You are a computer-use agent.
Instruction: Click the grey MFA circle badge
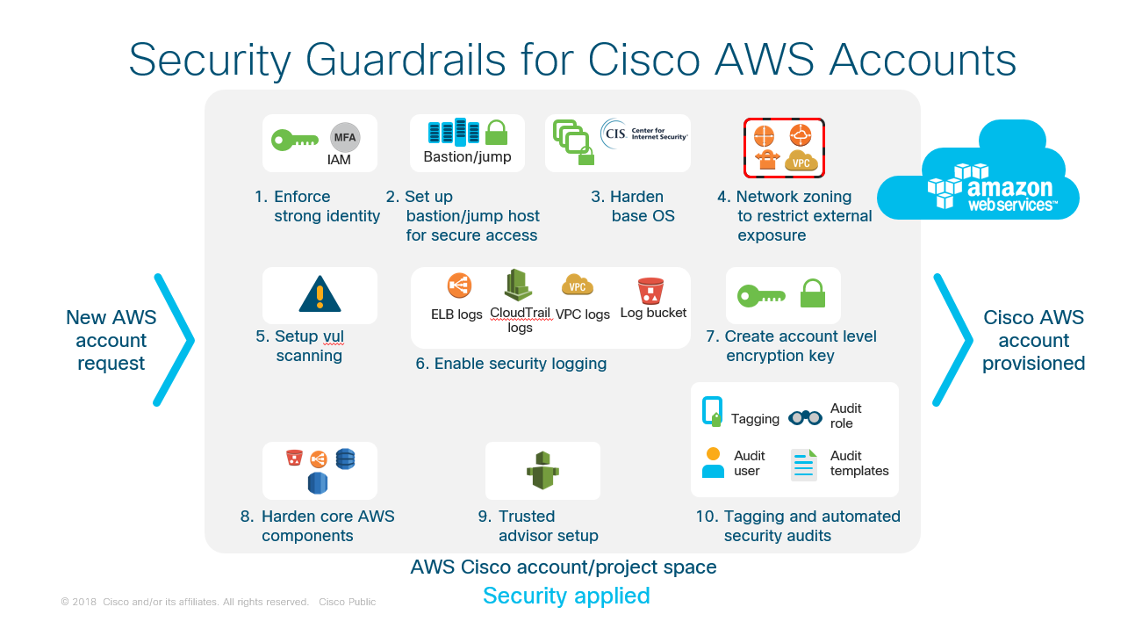[x=344, y=138]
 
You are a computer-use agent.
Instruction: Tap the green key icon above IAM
[x=294, y=140]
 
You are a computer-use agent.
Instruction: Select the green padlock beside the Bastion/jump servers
[x=496, y=133]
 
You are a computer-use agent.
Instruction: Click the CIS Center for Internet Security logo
[x=643, y=134]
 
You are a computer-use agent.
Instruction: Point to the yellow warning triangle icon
[x=320, y=293]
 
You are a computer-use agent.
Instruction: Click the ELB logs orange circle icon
[x=459, y=285]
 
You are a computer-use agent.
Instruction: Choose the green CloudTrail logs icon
[x=519, y=285]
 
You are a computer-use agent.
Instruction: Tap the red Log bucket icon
[x=650, y=290]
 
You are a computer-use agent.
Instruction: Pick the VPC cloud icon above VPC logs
[x=578, y=285]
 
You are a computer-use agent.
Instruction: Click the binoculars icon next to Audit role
[x=805, y=417]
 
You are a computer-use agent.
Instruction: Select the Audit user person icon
[x=714, y=463]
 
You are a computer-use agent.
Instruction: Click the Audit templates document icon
[x=804, y=465]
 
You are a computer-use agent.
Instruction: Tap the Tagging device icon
[x=712, y=411]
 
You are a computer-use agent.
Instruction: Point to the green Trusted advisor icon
[x=542, y=471]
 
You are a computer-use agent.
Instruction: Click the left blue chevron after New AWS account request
[x=174, y=339]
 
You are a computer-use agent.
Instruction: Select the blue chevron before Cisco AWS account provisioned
[x=952, y=339]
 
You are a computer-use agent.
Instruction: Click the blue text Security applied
[x=566, y=596]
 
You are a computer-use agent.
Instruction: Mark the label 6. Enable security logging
[x=511, y=364]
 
